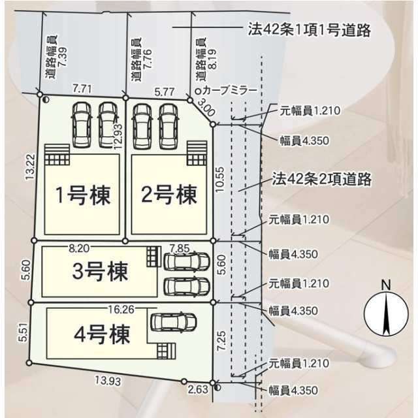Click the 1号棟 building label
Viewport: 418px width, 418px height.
click(83, 195)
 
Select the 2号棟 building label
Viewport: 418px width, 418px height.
click(169, 195)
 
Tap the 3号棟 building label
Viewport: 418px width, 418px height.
click(100, 271)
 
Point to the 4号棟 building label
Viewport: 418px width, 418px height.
click(102, 334)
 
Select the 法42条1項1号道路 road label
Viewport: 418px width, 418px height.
click(309, 29)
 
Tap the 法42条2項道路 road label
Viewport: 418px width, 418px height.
click(321, 179)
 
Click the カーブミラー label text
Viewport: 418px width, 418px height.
click(229, 91)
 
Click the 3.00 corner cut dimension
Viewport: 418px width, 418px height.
click(206, 108)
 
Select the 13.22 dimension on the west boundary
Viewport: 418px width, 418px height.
click(29, 166)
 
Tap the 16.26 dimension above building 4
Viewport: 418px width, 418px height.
click(121, 310)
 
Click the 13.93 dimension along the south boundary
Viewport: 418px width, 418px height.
click(108, 381)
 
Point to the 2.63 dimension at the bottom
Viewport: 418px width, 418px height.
click(198, 389)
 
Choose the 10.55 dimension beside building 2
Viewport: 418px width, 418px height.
click(221, 179)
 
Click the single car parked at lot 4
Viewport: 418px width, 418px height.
click(174, 322)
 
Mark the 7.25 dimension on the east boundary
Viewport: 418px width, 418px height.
click(221, 341)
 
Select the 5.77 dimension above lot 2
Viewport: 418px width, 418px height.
click(165, 92)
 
